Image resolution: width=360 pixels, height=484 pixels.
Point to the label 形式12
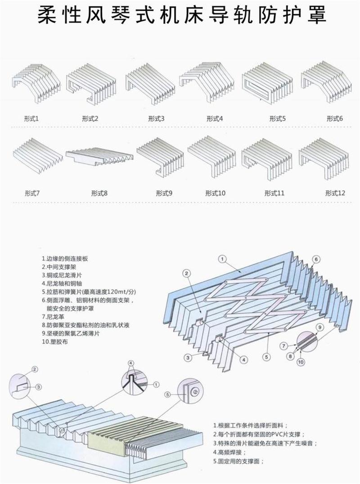(x=335, y=193)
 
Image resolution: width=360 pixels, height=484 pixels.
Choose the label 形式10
(x=215, y=193)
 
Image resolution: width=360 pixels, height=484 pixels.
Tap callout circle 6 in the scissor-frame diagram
(x=316, y=260)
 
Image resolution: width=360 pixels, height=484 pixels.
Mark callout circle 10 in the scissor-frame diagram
(x=301, y=361)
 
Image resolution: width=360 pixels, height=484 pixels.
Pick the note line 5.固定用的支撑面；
(x=238, y=461)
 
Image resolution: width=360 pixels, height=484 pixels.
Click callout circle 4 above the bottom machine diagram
(x=130, y=363)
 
